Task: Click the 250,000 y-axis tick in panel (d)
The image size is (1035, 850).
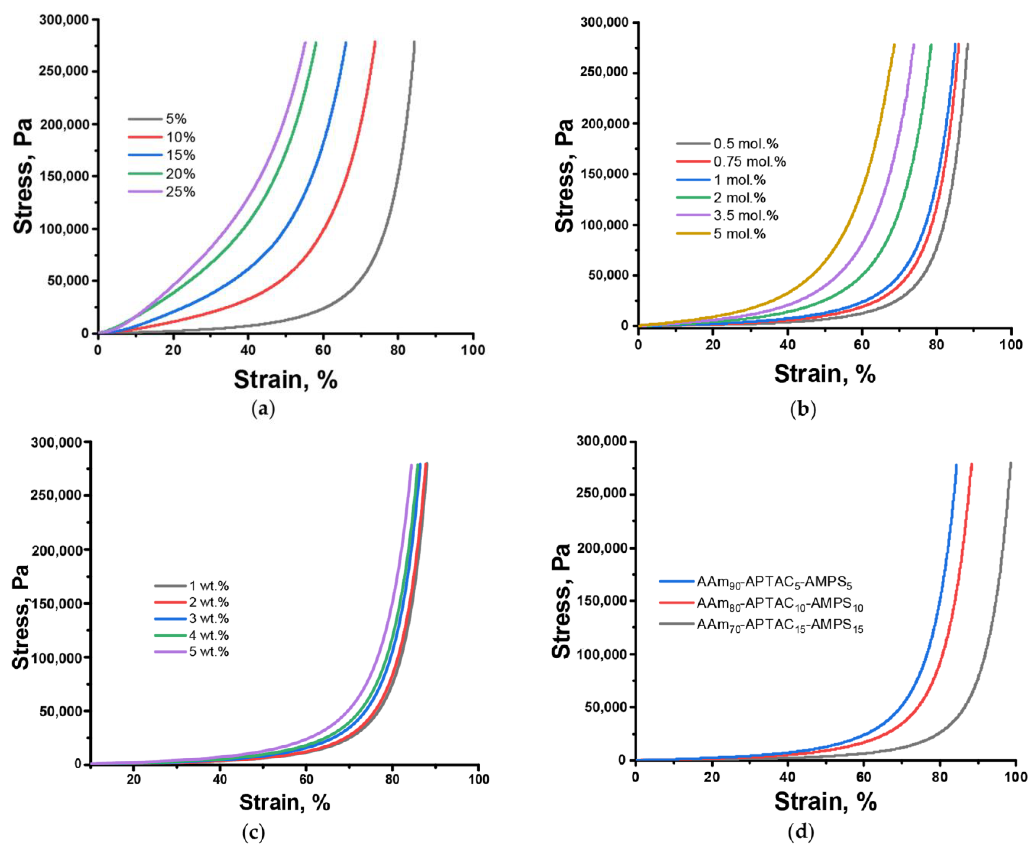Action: tap(602, 494)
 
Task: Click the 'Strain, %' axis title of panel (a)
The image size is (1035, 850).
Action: tap(285, 380)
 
